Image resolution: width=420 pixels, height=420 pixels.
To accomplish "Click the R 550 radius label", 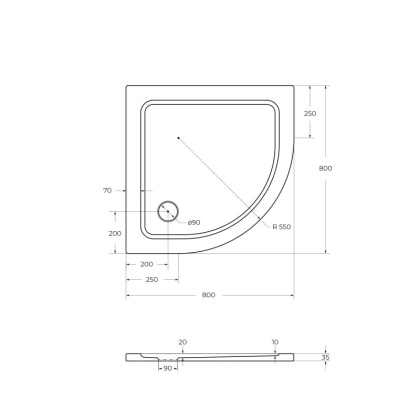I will click(282, 227).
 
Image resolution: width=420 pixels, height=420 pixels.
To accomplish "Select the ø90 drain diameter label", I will click(193, 221).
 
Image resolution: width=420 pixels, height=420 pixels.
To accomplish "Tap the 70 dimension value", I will click(107, 188).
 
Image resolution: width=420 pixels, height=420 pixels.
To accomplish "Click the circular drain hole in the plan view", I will click(167, 212).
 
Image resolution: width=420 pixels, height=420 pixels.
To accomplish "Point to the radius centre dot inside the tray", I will click(177, 137).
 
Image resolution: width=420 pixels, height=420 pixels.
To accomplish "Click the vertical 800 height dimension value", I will click(324, 168).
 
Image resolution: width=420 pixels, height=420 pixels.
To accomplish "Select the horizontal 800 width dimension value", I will click(208, 295).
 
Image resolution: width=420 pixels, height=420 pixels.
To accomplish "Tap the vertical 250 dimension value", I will click(309, 114).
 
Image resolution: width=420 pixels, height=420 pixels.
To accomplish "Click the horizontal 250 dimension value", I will click(151, 279).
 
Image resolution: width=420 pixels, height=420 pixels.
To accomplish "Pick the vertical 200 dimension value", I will click(115, 233).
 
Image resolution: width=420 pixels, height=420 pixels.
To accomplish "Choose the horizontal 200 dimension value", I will click(146, 264).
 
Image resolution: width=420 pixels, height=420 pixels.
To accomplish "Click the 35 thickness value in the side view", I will click(325, 356).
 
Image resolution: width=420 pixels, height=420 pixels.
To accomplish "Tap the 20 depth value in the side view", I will click(182, 342).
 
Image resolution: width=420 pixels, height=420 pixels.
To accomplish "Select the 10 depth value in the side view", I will click(274, 342).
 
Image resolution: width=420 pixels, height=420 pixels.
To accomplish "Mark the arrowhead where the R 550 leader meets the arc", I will click(262, 217).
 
